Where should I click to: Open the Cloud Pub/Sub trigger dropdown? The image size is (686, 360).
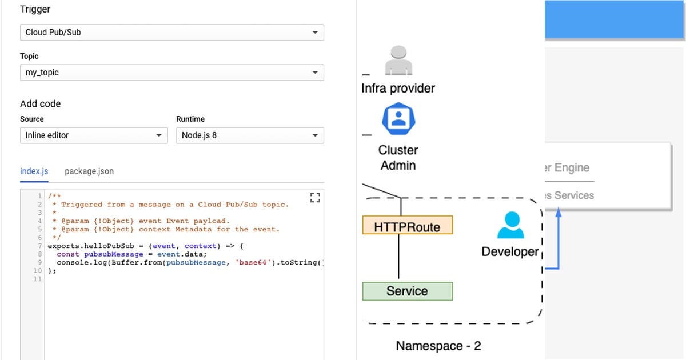[171, 33]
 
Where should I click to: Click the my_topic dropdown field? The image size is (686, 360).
[171, 73]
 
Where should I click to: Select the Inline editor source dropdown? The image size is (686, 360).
[94, 135]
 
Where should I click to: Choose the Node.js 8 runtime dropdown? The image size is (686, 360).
[250, 135]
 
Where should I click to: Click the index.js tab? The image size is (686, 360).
[34, 171]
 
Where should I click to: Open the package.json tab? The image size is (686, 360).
[89, 171]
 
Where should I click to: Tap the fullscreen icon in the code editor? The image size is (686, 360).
[315, 198]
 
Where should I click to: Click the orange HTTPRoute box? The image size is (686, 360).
[407, 227]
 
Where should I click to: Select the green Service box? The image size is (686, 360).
[407, 291]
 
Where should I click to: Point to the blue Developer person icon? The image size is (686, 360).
[510, 225]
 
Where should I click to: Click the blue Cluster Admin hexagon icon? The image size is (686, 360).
[398, 119]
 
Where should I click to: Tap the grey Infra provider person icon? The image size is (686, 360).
[398, 61]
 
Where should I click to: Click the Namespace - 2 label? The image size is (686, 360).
[438, 346]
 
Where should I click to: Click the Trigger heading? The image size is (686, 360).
[35, 9]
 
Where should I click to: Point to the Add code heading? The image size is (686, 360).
[40, 103]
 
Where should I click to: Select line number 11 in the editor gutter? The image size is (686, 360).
[38, 279]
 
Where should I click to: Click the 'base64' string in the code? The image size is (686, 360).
[252, 262]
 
